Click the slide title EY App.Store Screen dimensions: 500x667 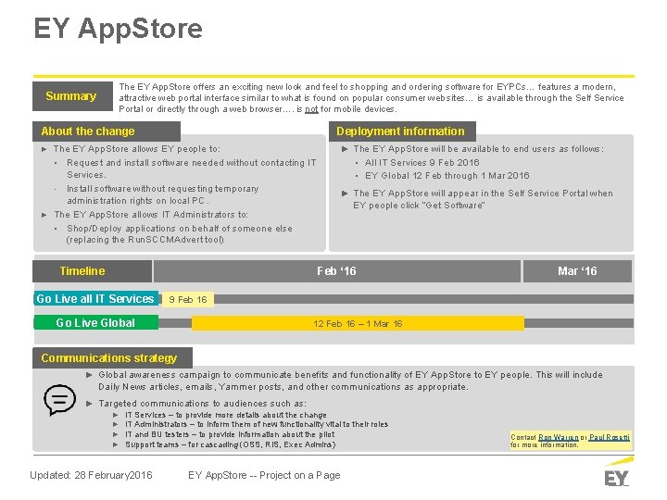(118, 29)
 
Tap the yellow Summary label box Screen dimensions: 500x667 (71, 96)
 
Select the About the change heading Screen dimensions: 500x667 (88, 131)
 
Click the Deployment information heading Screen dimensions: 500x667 (400, 131)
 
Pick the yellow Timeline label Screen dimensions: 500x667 (82, 271)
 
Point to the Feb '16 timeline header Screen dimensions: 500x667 (336, 271)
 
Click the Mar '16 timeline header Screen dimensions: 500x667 (577, 271)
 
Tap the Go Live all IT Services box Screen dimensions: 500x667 (95, 299)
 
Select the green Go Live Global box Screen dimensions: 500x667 (95, 323)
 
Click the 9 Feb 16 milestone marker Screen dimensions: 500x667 (188, 299)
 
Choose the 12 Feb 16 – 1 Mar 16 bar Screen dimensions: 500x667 (358, 323)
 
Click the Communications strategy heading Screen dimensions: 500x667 (109, 358)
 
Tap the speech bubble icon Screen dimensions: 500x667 (60, 400)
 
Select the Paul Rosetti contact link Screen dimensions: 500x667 (610, 436)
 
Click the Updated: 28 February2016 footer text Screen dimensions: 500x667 (91, 475)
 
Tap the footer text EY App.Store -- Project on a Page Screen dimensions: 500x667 (264, 475)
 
